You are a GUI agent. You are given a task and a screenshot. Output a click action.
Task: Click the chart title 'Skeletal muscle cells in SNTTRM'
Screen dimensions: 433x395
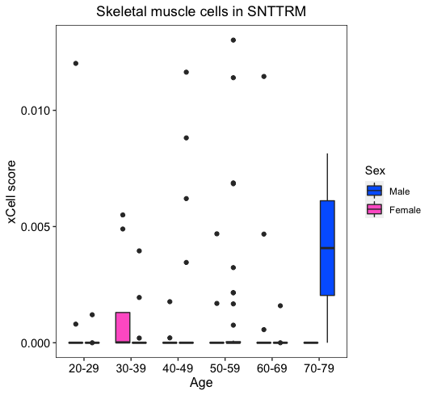(201, 11)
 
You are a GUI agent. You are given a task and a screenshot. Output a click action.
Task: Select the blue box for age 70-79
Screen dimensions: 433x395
(327, 248)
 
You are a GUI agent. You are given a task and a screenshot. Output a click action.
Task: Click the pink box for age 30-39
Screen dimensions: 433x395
(123, 327)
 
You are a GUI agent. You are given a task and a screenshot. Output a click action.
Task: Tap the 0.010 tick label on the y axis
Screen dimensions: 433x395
(35, 111)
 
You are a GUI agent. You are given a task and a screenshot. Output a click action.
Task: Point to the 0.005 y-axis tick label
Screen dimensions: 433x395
(35, 227)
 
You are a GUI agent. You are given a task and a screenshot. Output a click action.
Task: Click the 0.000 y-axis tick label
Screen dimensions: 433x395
(35, 343)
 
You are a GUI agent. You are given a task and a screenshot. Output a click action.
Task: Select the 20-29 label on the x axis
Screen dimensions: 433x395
(84, 368)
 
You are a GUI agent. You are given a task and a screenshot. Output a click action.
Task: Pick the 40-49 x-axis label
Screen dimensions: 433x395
(178, 368)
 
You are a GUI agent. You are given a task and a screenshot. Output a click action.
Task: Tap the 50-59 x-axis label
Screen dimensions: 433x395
(225, 368)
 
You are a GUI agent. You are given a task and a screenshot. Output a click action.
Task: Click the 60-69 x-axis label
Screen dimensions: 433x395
(272, 368)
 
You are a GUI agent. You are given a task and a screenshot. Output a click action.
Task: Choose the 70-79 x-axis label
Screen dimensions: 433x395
(319, 368)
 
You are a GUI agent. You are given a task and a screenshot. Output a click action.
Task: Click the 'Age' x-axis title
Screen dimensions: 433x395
(201, 383)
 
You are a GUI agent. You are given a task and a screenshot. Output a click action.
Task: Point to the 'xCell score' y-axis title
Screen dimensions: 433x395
(11, 191)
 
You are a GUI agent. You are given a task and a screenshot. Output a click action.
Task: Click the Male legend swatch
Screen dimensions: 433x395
(375, 191)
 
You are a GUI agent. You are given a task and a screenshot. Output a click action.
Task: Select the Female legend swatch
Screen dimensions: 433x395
(375, 209)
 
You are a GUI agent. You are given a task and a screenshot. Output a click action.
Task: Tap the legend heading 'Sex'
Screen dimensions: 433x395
(375, 170)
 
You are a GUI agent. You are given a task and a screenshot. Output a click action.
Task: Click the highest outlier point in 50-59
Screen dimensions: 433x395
(233, 40)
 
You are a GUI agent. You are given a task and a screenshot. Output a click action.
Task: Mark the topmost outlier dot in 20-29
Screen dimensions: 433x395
(76, 64)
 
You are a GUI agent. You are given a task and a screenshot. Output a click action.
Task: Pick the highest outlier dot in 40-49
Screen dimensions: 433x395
(187, 73)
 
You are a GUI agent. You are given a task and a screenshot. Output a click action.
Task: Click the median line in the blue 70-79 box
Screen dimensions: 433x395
(327, 248)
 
